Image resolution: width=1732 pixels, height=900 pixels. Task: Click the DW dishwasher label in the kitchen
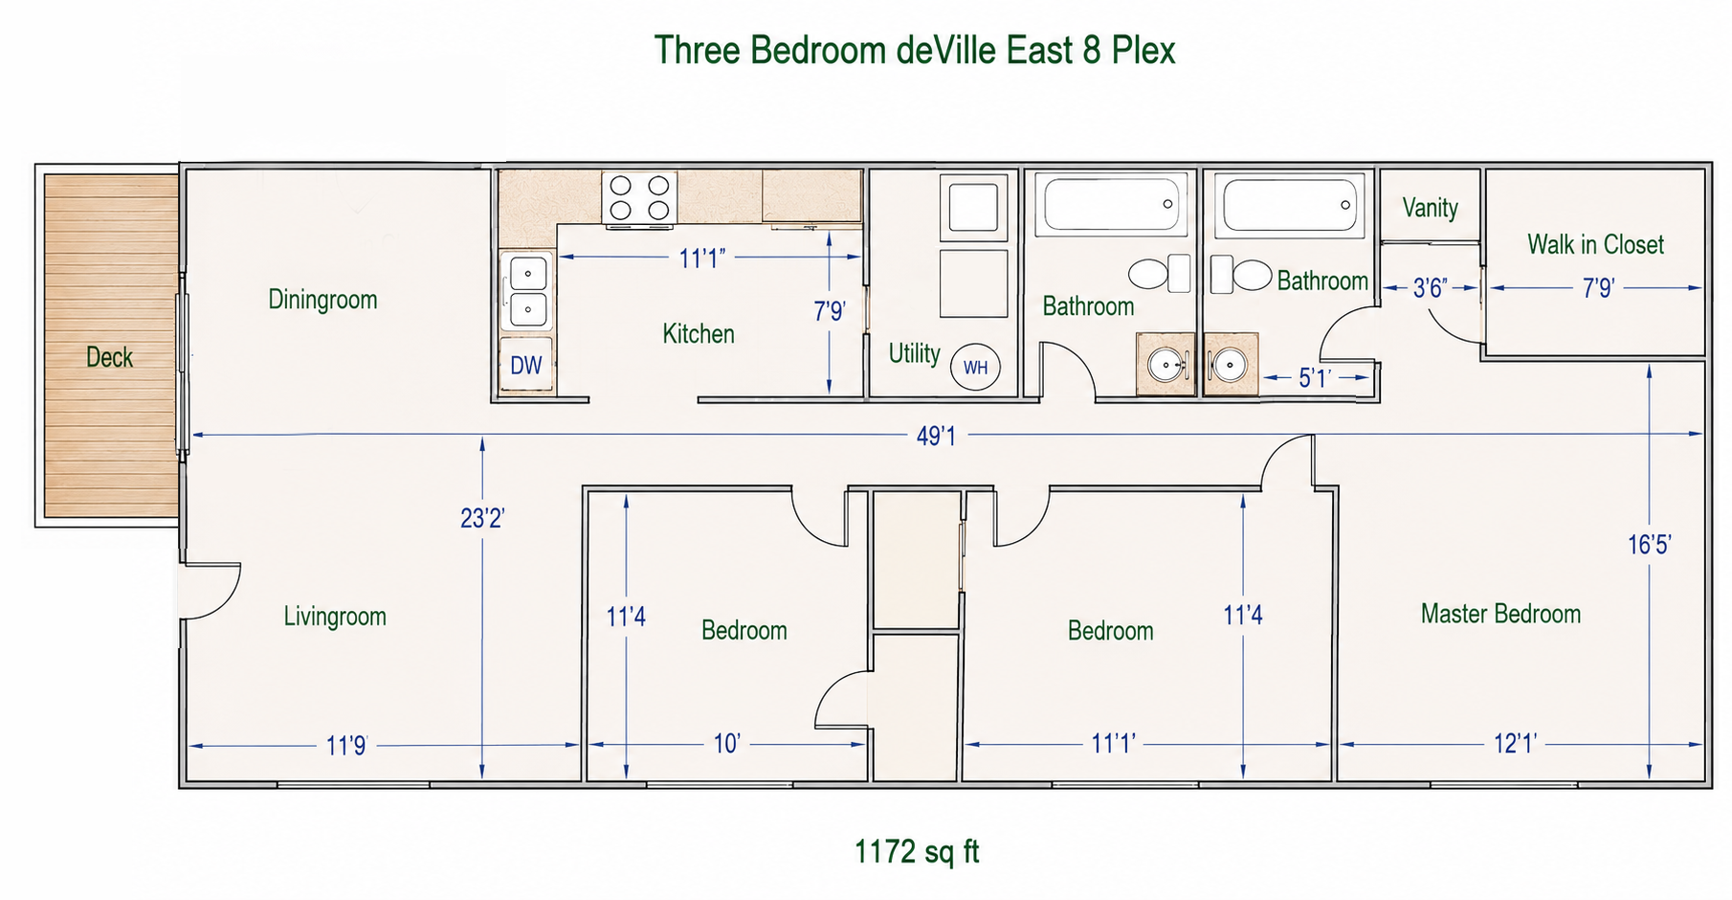coord(525,365)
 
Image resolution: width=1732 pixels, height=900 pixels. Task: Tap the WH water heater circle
coord(975,367)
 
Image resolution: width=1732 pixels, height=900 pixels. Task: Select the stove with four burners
coord(639,198)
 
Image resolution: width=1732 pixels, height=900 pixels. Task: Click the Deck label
coord(109,357)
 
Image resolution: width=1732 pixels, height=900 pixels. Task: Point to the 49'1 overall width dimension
coord(936,436)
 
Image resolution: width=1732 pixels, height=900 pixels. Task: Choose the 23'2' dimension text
coord(482,518)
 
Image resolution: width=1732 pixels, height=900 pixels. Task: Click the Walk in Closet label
coord(1595,244)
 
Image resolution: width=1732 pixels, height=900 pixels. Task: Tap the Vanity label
coord(1430,208)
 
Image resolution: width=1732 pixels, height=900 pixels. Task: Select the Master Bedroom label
coord(1500,614)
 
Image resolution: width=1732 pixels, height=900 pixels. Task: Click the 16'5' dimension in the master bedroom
coord(1649,545)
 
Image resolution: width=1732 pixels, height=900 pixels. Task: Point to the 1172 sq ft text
coord(917,851)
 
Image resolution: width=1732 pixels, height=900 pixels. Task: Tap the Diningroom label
coord(322,300)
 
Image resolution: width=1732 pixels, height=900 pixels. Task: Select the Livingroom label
coord(335,616)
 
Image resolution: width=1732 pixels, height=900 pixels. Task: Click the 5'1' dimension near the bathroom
coord(1315,378)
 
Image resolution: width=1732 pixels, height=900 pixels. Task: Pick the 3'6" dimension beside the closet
coord(1430,288)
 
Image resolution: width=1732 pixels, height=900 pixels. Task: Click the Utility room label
coord(915,353)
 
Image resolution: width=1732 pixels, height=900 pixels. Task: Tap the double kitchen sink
coord(527,291)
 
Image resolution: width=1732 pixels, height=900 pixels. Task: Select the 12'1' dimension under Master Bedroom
coord(1515,744)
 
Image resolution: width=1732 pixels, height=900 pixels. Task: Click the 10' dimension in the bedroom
coord(726,744)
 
